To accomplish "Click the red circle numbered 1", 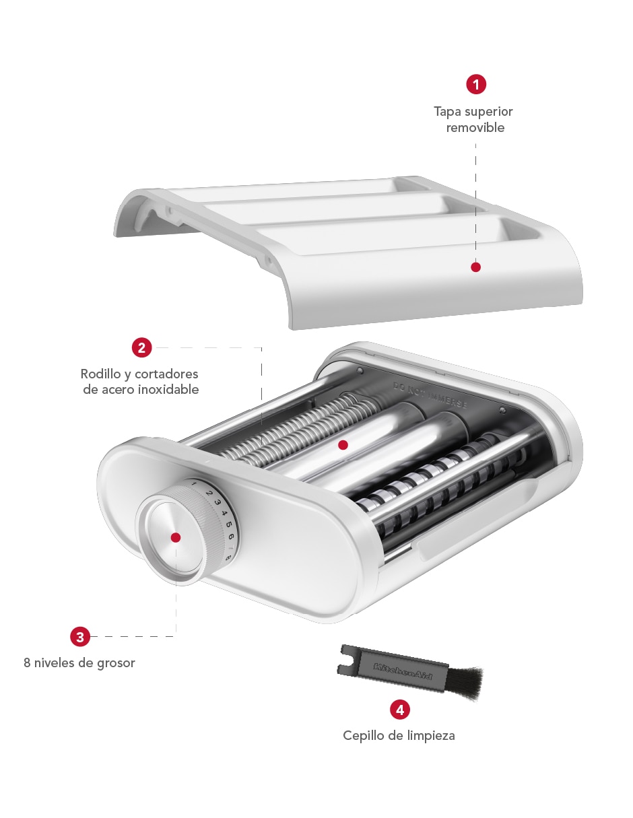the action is (x=476, y=84).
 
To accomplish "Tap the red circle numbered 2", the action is (x=141, y=347).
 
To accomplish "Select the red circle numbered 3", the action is (x=80, y=636).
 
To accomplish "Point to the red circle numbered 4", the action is (x=400, y=710).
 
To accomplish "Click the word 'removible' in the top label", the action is (x=475, y=128).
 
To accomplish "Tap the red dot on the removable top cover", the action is (x=475, y=267).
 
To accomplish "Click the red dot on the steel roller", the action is (x=343, y=445).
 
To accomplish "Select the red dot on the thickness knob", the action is (x=175, y=537).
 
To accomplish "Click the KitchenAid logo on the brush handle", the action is (x=403, y=671).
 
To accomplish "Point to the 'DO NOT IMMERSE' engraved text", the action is (x=430, y=395).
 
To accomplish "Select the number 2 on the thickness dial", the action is (x=209, y=493).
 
